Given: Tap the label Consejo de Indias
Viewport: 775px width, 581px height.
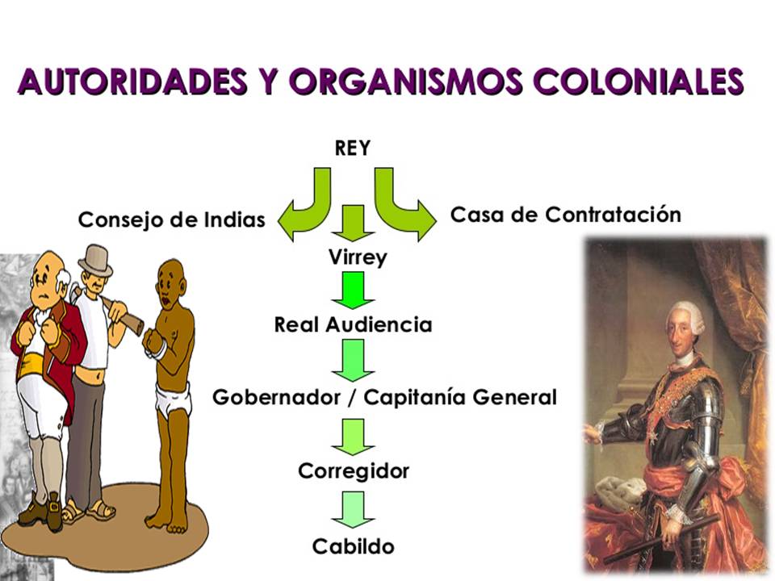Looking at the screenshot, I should click(x=171, y=219).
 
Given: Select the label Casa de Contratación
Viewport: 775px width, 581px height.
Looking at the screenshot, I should click(x=565, y=215).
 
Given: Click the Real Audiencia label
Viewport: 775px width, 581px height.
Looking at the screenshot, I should click(x=353, y=324).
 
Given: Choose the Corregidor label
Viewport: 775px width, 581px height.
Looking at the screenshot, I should click(x=354, y=470).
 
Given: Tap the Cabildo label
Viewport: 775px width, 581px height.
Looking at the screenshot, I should click(x=354, y=546).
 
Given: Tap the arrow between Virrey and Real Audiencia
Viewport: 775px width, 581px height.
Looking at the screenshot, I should click(x=353, y=290).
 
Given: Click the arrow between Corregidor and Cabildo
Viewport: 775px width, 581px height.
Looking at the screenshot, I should click(x=353, y=509).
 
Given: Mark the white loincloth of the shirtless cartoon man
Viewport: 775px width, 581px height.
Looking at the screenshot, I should click(x=172, y=400).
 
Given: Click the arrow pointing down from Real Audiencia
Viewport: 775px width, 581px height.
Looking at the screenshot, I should click(x=353, y=360).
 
